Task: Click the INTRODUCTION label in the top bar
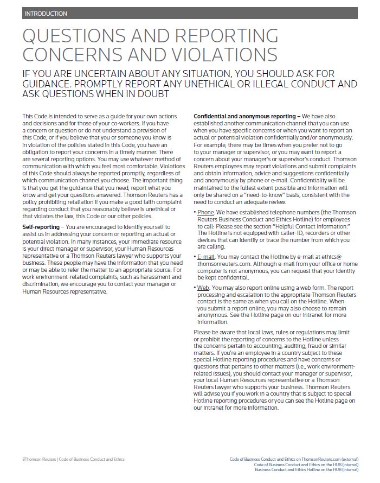pos(46,14)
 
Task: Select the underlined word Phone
pos(205,211)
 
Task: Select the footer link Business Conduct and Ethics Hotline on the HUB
pos(306,469)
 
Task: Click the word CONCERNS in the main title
pos(76,55)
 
